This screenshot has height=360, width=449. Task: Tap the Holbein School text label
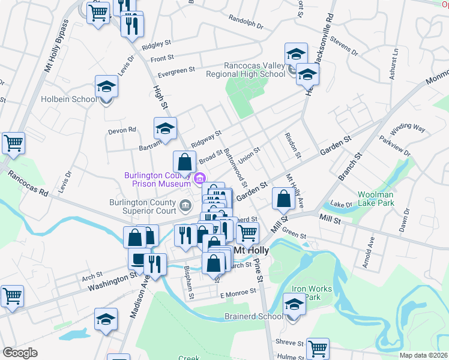click(68, 100)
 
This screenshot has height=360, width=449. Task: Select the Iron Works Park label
click(311, 293)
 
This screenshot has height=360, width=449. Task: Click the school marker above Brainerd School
click(294, 305)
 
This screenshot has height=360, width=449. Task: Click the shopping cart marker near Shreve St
click(318, 348)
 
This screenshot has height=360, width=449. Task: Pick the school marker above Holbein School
click(106, 86)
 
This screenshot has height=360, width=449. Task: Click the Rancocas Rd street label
click(27, 185)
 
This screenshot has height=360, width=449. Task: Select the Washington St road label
click(112, 280)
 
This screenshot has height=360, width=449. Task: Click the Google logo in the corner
click(20, 353)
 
